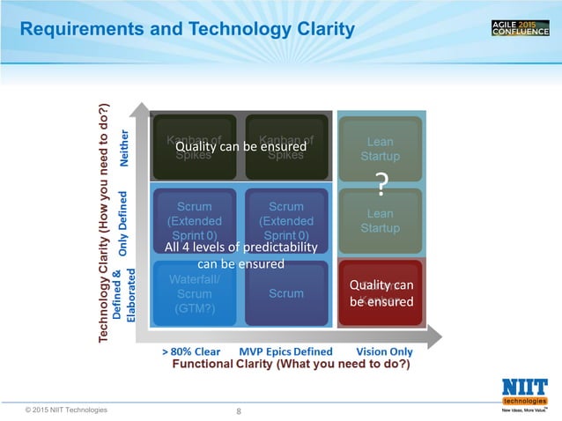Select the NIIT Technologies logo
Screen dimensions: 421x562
(x=523, y=393)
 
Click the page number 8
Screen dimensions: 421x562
(x=240, y=410)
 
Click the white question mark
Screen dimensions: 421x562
(x=381, y=186)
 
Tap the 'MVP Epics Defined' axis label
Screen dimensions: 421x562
(x=285, y=351)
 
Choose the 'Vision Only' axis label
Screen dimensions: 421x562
(x=383, y=351)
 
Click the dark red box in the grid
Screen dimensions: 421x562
(x=381, y=292)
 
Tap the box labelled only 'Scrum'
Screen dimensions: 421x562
(x=286, y=293)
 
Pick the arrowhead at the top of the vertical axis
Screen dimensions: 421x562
(x=138, y=109)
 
